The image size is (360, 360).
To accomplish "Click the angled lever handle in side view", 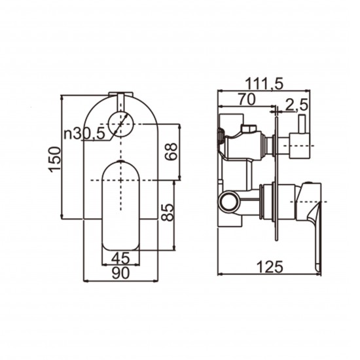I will click(x=314, y=209).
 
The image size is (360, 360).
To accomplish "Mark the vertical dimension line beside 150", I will click(x=62, y=156).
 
